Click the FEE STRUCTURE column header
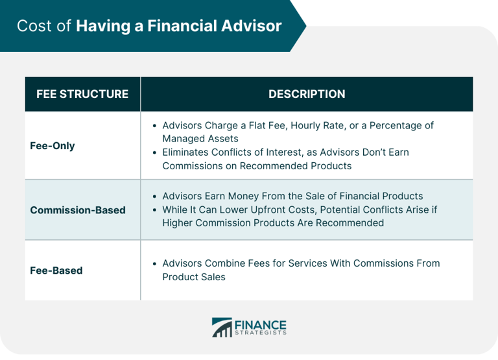tap(82, 94)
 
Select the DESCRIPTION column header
tap(307, 94)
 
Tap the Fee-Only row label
tap(53, 145)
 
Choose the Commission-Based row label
tap(78, 210)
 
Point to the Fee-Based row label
tap(56, 270)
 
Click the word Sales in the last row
tap(213, 276)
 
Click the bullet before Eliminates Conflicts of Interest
tap(154, 152)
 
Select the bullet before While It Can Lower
tap(154, 210)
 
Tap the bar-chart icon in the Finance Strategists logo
tap(221, 327)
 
